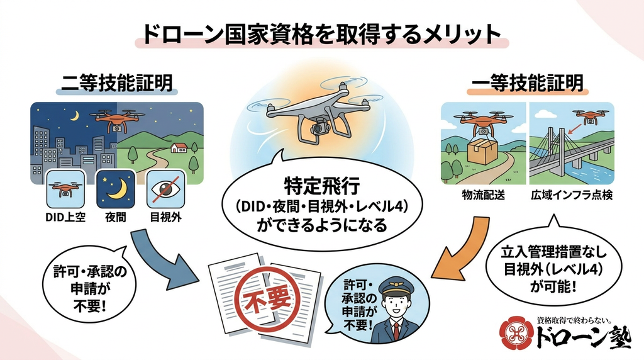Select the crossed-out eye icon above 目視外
(165, 189)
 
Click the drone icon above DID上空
(65, 189)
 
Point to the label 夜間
(116, 217)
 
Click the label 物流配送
(483, 195)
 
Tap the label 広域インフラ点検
(571, 195)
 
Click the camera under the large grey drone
(319, 128)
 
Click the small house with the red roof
(179, 147)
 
